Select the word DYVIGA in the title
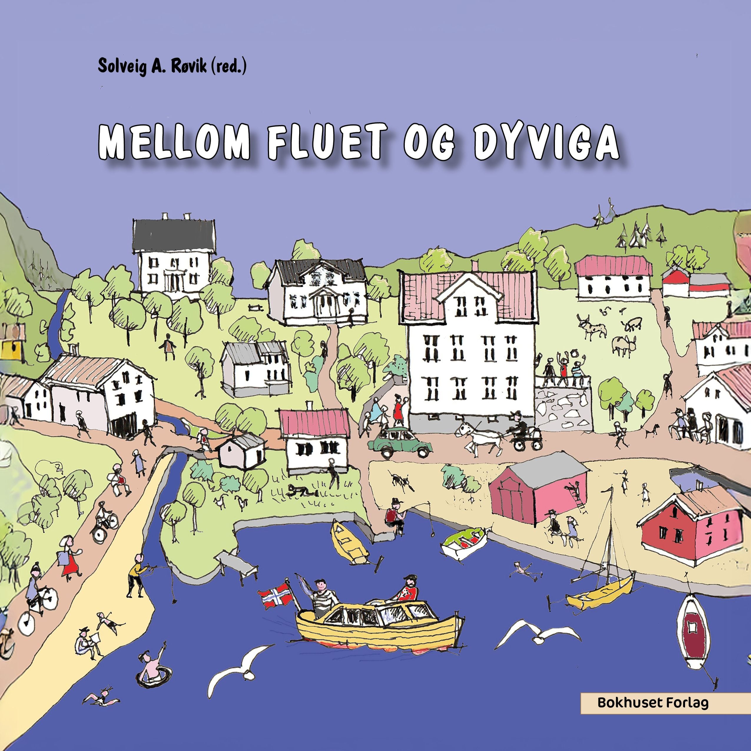pos(546,142)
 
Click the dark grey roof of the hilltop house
pos(174,236)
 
